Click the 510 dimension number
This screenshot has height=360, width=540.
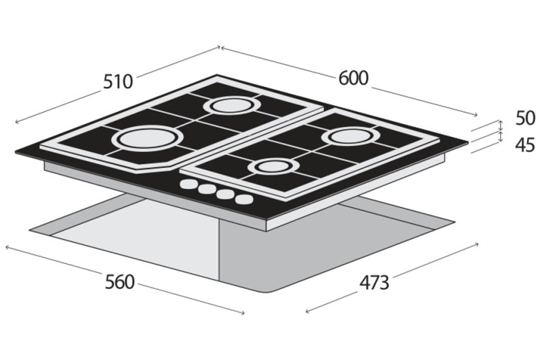pyautogui.click(x=118, y=82)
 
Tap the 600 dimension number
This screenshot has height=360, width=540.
pyautogui.click(x=353, y=78)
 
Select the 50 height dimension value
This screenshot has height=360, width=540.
pyautogui.click(x=525, y=118)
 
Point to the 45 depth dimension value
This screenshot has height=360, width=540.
pyautogui.click(x=525, y=145)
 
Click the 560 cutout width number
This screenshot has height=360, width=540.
pyautogui.click(x=119, y=282)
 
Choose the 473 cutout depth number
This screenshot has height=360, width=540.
pyautogui.click(x=375, y=283)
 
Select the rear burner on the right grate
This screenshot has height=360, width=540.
pyautogui.click(x=348, y=137)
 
